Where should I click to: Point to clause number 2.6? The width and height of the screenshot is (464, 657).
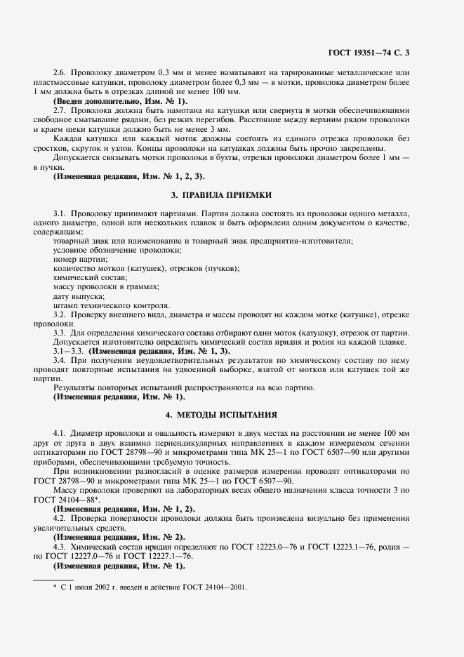pos(60,73)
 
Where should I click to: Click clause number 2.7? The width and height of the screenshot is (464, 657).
pos(60,111)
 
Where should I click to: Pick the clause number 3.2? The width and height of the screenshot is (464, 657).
pos(60,315)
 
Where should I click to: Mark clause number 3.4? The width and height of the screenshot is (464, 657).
pos(60,359)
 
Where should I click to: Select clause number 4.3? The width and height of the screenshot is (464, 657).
pos(60,546)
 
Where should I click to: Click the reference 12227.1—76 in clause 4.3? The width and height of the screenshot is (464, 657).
pos(167,555)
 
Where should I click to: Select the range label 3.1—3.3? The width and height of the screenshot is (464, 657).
pos(67,350)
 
